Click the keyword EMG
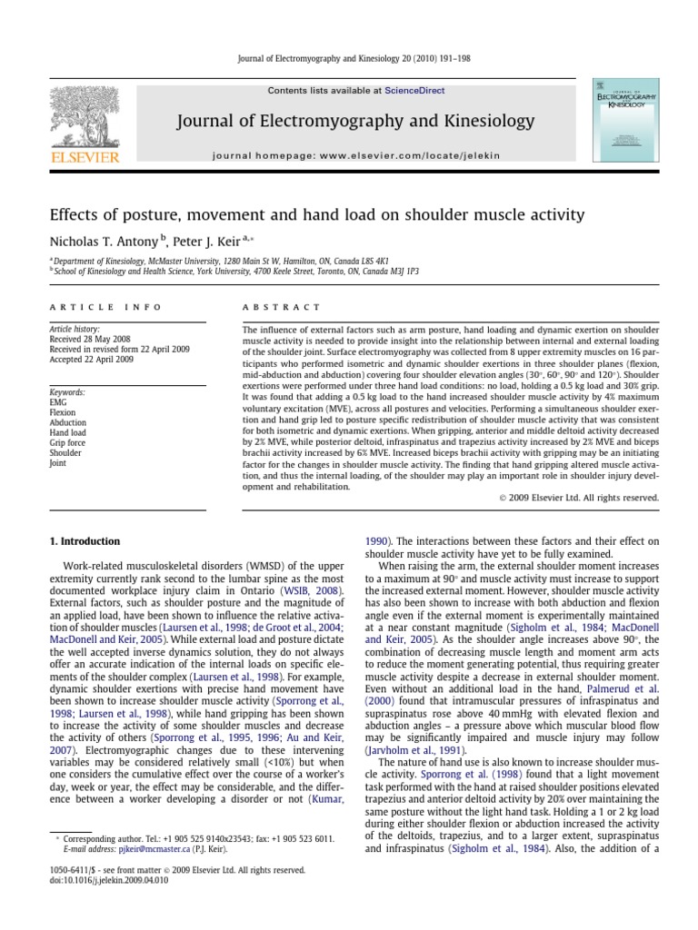click(59, 402)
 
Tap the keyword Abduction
click(68, 422)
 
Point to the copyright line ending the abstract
click(578, 497)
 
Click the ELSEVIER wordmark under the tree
click(85, 158)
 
